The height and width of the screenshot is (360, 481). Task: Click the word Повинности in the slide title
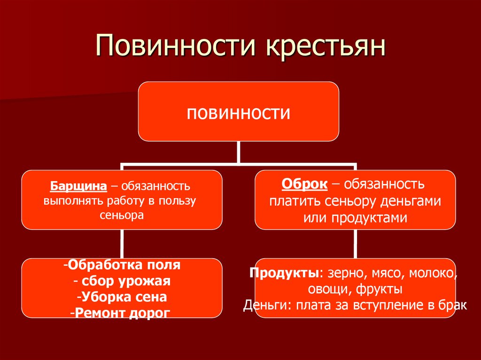[173, 47]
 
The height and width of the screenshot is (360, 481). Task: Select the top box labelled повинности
[238, 112]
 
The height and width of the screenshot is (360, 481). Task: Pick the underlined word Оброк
[304, 184]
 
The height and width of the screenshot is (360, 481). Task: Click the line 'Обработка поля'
[122, 265]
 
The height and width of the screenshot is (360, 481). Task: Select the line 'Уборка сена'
[122, 297]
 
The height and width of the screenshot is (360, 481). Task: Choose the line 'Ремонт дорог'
[122, 312]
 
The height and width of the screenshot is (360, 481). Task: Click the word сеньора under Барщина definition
[121, 215]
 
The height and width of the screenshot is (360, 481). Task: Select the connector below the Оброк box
[355, 244]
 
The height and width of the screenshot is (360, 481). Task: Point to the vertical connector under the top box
[238, 152]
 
